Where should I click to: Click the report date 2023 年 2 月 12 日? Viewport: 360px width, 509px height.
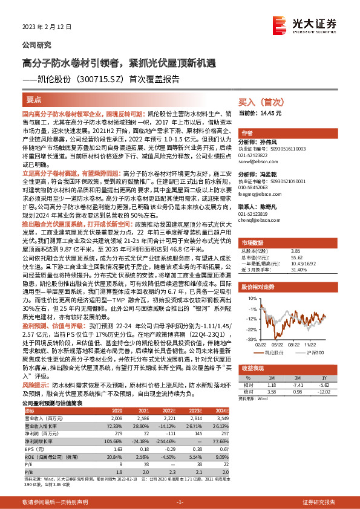click(43, 27)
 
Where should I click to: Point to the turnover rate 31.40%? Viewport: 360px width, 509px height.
click(301, 270)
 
